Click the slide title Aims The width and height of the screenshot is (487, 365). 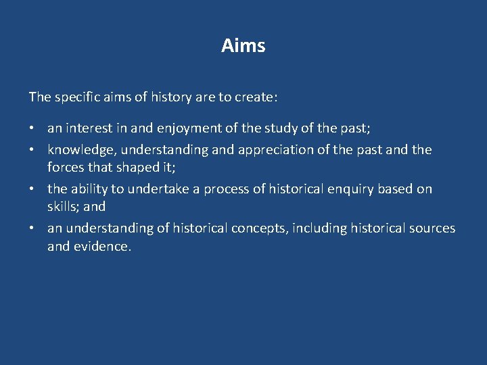(x=243, y=46)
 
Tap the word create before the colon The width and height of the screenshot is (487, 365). (x=255, y=97)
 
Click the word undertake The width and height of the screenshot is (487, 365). (x=158, y=189)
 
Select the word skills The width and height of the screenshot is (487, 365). (x=62, y=205)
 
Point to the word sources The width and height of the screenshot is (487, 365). (x=432, y=228)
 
